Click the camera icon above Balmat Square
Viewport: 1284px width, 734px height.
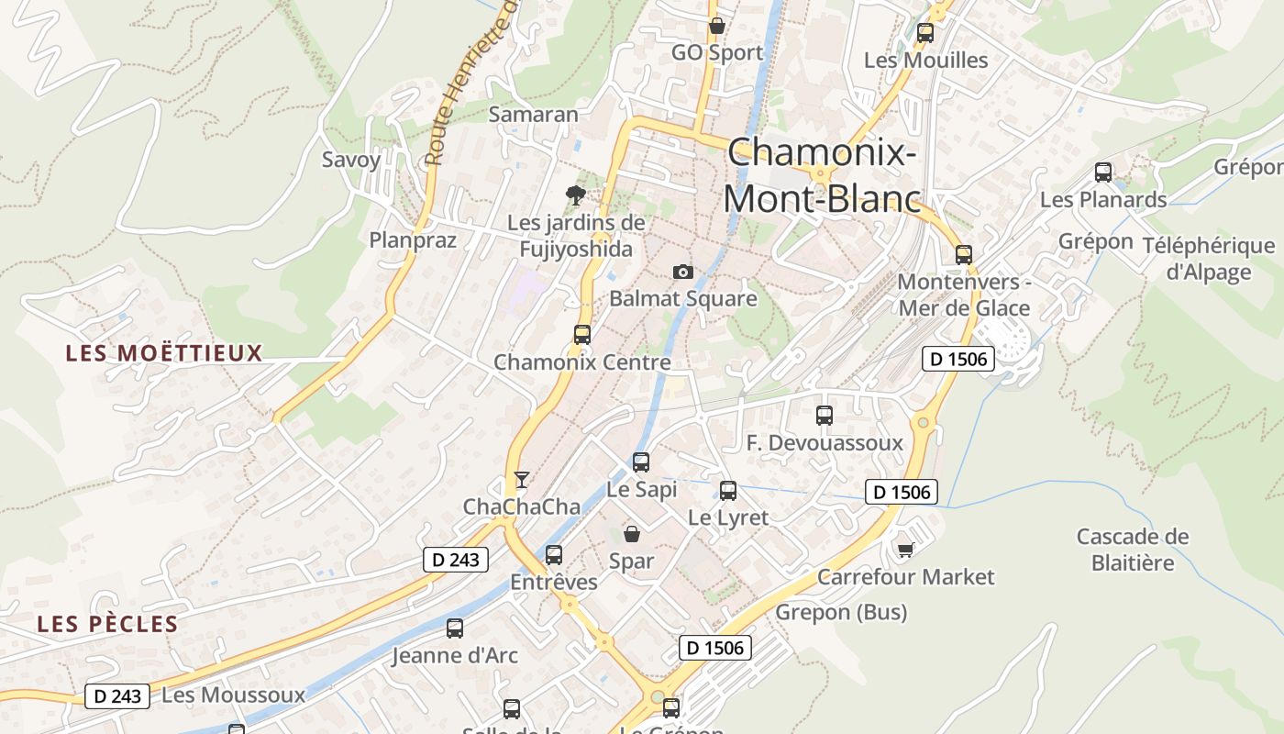[x=682, y=272]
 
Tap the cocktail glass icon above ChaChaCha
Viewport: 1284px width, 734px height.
[x=521, y=479]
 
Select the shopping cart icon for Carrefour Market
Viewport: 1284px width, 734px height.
[x=905, y=550]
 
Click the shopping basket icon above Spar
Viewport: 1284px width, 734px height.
[x=631, y=533]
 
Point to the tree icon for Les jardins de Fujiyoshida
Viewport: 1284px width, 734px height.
[x=576, y=195]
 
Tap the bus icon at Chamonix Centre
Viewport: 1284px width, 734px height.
[x=581, y=335]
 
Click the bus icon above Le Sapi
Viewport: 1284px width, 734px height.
[x=641, y=462]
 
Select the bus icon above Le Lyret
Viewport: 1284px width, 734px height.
[x=727, y=491]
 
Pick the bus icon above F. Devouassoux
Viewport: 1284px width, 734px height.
[x=824, y=416]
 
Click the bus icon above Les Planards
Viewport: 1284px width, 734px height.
[x=1102, y=172]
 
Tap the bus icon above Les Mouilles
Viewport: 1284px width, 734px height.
[x=924, y=33]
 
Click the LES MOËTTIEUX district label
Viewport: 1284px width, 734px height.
[x=164, y=353]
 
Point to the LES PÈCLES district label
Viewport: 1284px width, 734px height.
[x=107, y=625]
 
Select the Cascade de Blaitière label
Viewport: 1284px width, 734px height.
[x=1132, y=550]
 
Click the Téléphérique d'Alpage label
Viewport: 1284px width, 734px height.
[x=1208, y=259]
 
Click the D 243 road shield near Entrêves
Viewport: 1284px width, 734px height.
[x=456, y=560]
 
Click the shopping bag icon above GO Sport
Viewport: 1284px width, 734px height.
[x=716, y=26]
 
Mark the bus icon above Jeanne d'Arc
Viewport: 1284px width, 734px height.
[x=455, y=628]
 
